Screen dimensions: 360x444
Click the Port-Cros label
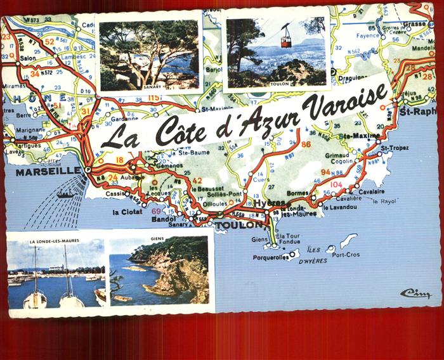[x=345, y=255]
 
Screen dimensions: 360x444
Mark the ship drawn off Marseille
[x=65, y=195]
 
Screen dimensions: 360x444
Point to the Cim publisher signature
[x=415, y=293]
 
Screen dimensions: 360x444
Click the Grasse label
[x=415, y=25]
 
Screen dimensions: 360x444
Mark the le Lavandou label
[x=340, y=207]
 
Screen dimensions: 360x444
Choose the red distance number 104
[x=336, y=184]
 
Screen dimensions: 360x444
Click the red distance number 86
[x=306, y=145]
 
